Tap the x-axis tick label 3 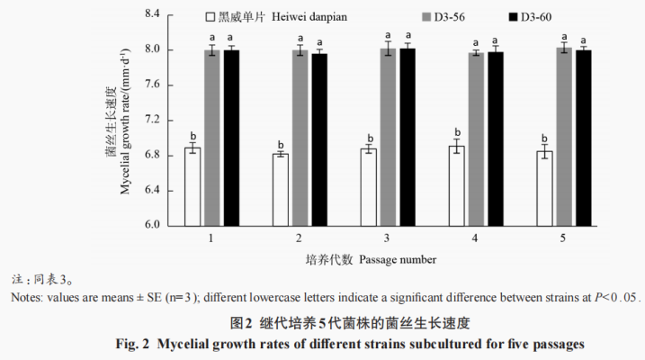[387, 238]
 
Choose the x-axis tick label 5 [563, 238]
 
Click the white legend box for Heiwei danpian [209, 17]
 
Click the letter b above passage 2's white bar [281, 143]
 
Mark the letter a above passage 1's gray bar [212, 38]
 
